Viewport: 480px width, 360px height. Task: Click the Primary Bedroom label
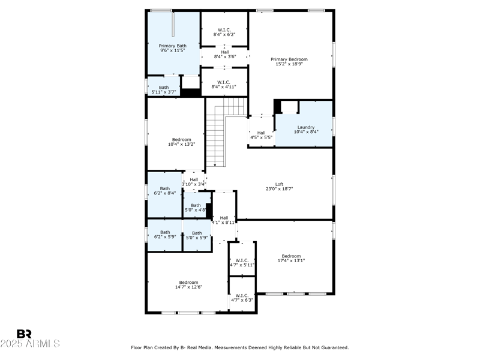(x=289, y=59)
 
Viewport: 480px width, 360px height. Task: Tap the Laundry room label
(x=306, y=127)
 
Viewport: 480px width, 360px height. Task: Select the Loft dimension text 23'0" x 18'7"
(x=279, y=189)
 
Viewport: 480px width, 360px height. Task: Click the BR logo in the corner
(x=24, y=334)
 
